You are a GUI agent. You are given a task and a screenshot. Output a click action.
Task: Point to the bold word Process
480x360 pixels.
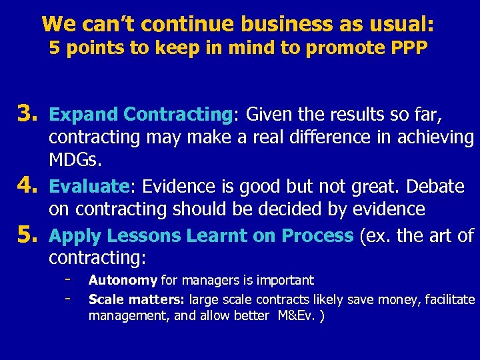(317, 235)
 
